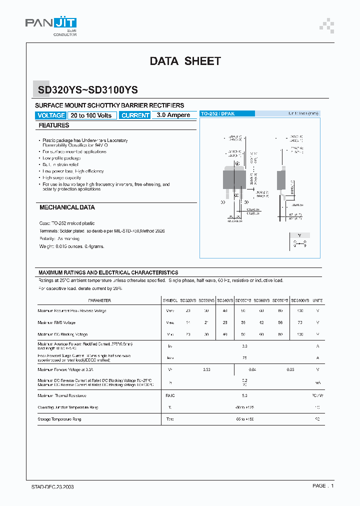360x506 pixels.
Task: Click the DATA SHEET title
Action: coord(185,61)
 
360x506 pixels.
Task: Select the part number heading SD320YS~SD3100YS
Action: coord(88,90)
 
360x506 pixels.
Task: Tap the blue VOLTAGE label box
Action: coord(50,115)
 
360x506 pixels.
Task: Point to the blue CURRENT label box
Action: coord(135,115)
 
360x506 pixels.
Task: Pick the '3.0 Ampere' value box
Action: coord(173,115)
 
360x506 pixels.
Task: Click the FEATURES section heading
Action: coord(54,125)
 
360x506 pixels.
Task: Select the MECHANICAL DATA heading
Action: coord(67,207)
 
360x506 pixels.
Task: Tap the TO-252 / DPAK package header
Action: coord(217,114)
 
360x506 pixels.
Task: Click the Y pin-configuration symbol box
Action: coord(299,241)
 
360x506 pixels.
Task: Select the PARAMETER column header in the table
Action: coord(99,300)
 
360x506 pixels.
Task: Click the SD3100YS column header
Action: coord(300,300)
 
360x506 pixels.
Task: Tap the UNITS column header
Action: coord(317,300)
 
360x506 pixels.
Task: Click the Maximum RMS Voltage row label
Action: coord(56,322)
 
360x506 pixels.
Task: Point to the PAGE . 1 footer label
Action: coord(322,486)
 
